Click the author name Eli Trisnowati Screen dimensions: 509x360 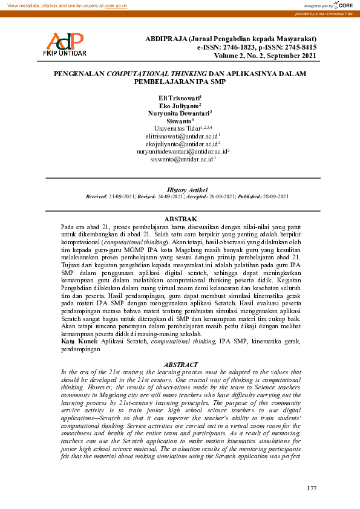coord(180,97)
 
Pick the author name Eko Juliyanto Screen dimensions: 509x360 coord(180,105)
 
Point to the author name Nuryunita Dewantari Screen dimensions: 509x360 coord(180,113)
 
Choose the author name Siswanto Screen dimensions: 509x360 coord(179,121)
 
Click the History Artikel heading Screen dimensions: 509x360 coord(180,190)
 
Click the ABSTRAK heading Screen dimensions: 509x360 coord(180,218)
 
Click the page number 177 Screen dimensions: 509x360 coord(312,487)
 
